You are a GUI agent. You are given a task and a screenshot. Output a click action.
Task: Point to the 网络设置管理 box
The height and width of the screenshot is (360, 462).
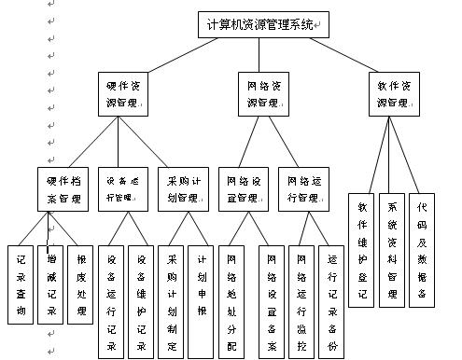245,190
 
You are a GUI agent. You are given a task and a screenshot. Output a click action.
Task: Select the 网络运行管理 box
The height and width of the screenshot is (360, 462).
304,190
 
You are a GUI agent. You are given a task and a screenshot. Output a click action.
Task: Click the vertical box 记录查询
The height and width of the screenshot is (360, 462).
20,283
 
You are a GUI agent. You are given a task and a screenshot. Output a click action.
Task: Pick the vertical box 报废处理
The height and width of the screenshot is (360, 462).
81,283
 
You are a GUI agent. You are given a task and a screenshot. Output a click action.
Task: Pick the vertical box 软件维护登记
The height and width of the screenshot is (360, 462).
361,249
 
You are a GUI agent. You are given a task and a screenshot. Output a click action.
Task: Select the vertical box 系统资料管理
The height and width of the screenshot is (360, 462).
392,249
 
